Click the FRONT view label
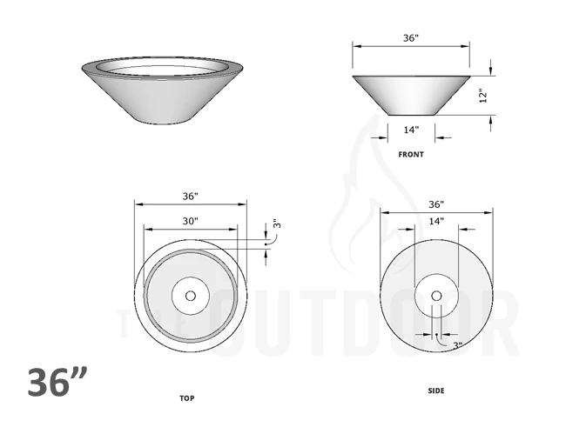point(411,155)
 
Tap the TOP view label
point(186,398)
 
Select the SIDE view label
point(436,391)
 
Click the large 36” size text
point(57,383)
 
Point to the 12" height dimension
point(483,96)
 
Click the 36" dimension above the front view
point(411,39)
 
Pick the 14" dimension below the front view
point(411,130)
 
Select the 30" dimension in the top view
point(191,221)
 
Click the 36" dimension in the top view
point(191,196)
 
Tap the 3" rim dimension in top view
point(277,224)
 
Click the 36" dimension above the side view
point(436,204)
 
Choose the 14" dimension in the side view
point(436,221)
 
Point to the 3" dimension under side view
point(456,345)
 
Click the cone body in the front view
point(411,96)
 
